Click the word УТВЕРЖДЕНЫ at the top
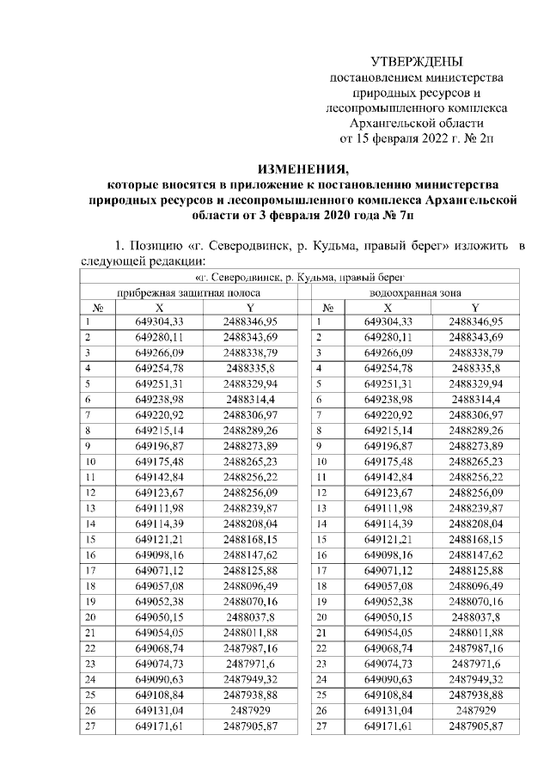[417, 62]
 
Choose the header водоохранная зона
[409, 292]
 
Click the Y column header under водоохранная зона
[475, 307]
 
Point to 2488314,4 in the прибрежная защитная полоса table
[249, 400]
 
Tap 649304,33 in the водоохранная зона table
[388, 322]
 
